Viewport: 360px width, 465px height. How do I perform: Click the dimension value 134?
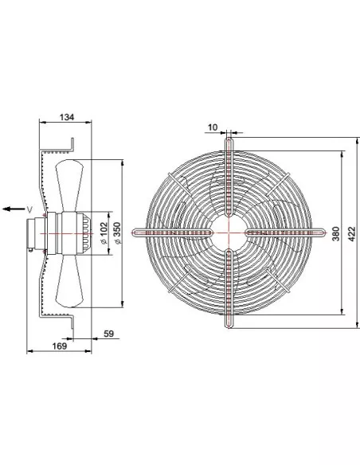tap(67, 117)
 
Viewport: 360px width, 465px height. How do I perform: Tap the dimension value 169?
tap(60, 346)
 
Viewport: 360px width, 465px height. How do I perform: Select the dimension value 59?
tap(109, 334)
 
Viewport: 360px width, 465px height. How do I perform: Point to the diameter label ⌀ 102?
tap(104, 233)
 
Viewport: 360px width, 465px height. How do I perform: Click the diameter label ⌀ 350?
tap(118, 233)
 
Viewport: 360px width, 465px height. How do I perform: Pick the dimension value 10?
tap(213, 127)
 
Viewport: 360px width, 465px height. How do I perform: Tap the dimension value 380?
tap(335, 233)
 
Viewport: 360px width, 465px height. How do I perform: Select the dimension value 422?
tap(351, 233)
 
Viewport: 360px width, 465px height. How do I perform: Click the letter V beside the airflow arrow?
tap(29, 210)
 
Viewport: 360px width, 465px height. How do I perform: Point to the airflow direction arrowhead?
tap(6, 209)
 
